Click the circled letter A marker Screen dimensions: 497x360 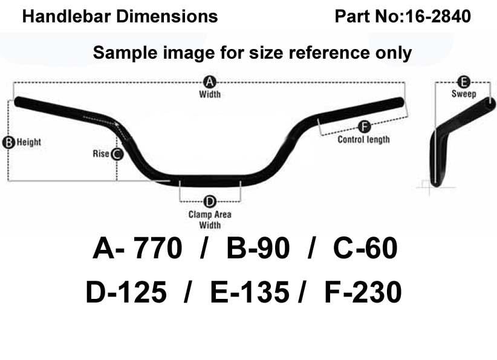(x=210, y=82)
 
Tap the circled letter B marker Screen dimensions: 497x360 (x=8, y=142)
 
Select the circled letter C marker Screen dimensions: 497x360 (x=117, y=154)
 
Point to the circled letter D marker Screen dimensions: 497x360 (x=210, y=201)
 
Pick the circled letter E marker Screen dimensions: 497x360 (x=464, y=82)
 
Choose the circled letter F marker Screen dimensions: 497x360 (x=364, y=127)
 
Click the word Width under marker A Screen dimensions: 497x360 (x=210, y=94)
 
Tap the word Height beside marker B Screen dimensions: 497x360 (x=29, y=142)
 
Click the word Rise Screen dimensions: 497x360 (x=101, y=154)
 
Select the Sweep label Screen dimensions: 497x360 (x=464, y=94)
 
